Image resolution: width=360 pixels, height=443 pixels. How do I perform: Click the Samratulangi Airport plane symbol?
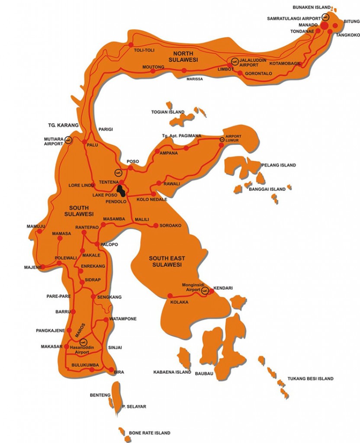point(325,17)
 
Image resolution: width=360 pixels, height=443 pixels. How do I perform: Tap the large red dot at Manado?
point(324,26)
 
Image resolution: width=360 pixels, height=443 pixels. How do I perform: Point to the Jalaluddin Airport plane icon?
point(235,61)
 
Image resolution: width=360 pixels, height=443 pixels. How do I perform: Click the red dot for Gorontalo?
point(241,73)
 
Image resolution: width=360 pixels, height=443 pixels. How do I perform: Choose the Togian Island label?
point(167,112)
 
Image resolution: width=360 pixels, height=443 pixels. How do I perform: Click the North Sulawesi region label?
point(183,56)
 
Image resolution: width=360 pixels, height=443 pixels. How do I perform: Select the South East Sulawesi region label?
point(165,261)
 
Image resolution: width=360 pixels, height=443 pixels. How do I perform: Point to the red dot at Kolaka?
point(170,296)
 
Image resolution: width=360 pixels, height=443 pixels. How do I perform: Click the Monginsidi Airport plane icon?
point(205,290)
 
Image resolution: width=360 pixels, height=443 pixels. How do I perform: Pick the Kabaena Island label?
point(172,372)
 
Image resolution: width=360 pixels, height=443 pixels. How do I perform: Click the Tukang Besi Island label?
point(312,379)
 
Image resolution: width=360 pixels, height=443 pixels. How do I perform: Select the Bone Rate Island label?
point(149,433)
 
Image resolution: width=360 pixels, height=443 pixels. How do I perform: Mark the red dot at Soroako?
point(155,225)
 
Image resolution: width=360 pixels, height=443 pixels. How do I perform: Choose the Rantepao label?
point(87,227)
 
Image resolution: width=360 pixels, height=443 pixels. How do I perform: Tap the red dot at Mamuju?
point(40,231)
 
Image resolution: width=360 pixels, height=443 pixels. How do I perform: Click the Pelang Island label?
point(278,165)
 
